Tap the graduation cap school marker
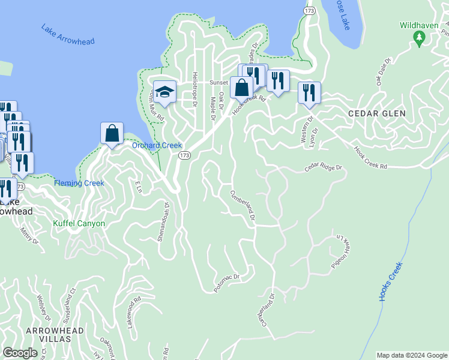pos(164,92)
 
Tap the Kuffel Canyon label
pos(79,224)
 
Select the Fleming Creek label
pos(79,183)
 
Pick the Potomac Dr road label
pos(227,283)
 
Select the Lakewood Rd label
pos(133,310)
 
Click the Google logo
pos(20,353)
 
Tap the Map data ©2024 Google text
pos(412,355)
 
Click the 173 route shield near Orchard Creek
pos(184,155)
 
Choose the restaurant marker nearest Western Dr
pos(309,93)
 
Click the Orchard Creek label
pos(157,145)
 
